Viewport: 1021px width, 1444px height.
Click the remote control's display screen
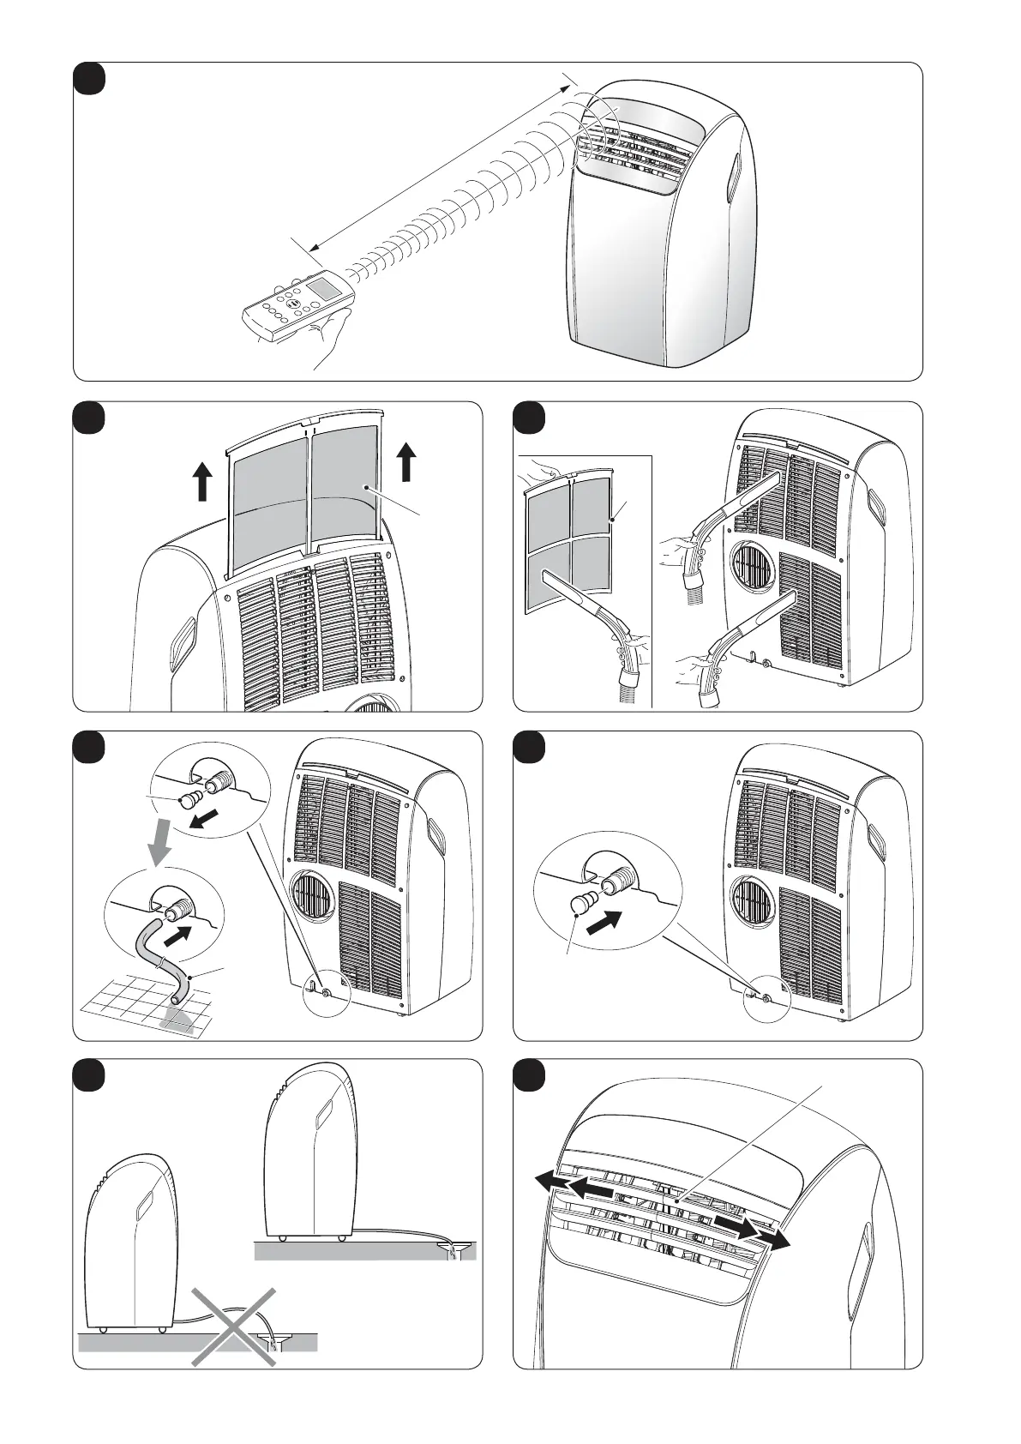[x=324, y=287]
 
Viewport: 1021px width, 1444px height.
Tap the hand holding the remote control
[x=330, y=336]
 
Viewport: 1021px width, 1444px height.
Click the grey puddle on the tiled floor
[x=177, y=1020]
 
